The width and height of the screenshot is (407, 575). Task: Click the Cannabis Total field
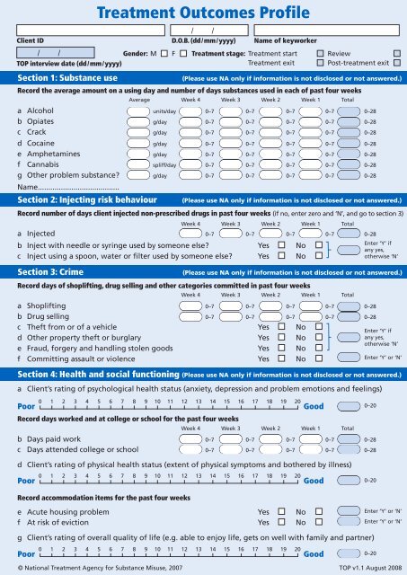pyautogui.click(x=349, y=165)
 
